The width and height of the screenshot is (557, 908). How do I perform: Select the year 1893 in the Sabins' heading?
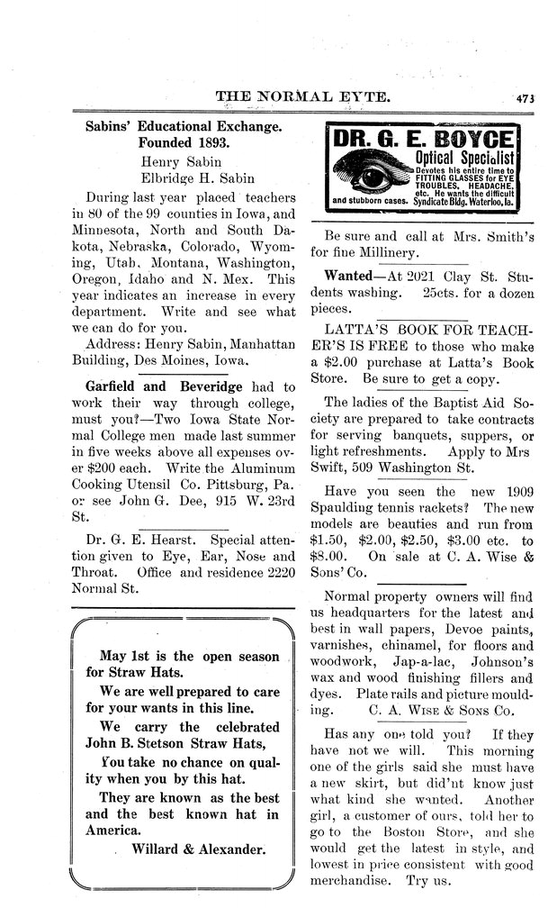point(210,142)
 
